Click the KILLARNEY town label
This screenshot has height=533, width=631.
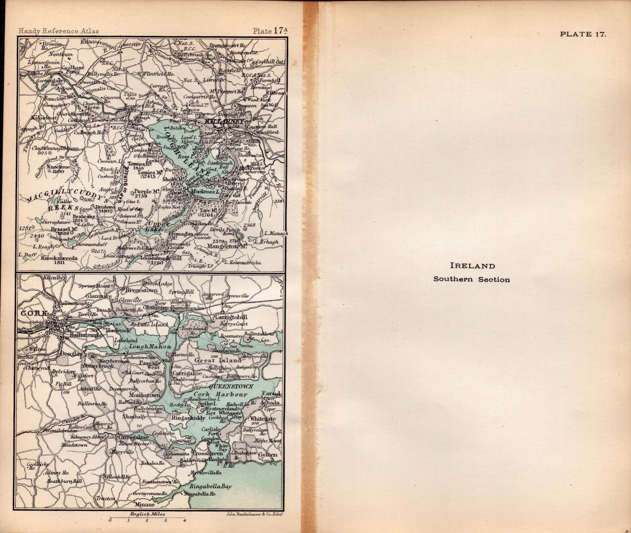[x=223, y=122]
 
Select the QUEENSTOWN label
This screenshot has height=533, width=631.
[x=230, y=387]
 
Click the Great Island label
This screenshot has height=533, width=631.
[x=218, y=360]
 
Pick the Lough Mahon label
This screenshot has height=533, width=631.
[x=147, y=346]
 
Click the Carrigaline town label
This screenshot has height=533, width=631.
[x=134, y=437]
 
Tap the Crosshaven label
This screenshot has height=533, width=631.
[x=207, y=454]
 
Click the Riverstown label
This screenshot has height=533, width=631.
[x=141, y=290]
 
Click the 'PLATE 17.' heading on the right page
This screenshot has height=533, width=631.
[x=583, y=34]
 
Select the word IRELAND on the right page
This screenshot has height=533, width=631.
[x=472, y=266]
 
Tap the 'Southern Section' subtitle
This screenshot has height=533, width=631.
[x=472, y=279]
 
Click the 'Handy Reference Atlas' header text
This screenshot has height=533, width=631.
[x=59, y=31]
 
